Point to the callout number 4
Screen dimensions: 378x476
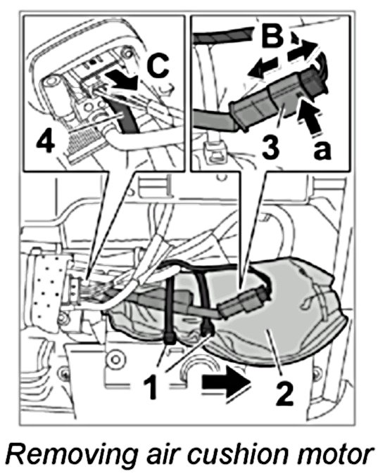click(x=46, y=143)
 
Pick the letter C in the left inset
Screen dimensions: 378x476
click(x=157, y=66)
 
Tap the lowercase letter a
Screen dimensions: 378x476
click(x=322, y=150)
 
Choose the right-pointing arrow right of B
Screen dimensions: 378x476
click(x=303, y=49)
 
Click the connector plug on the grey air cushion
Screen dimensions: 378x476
click(x=244, y=303)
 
